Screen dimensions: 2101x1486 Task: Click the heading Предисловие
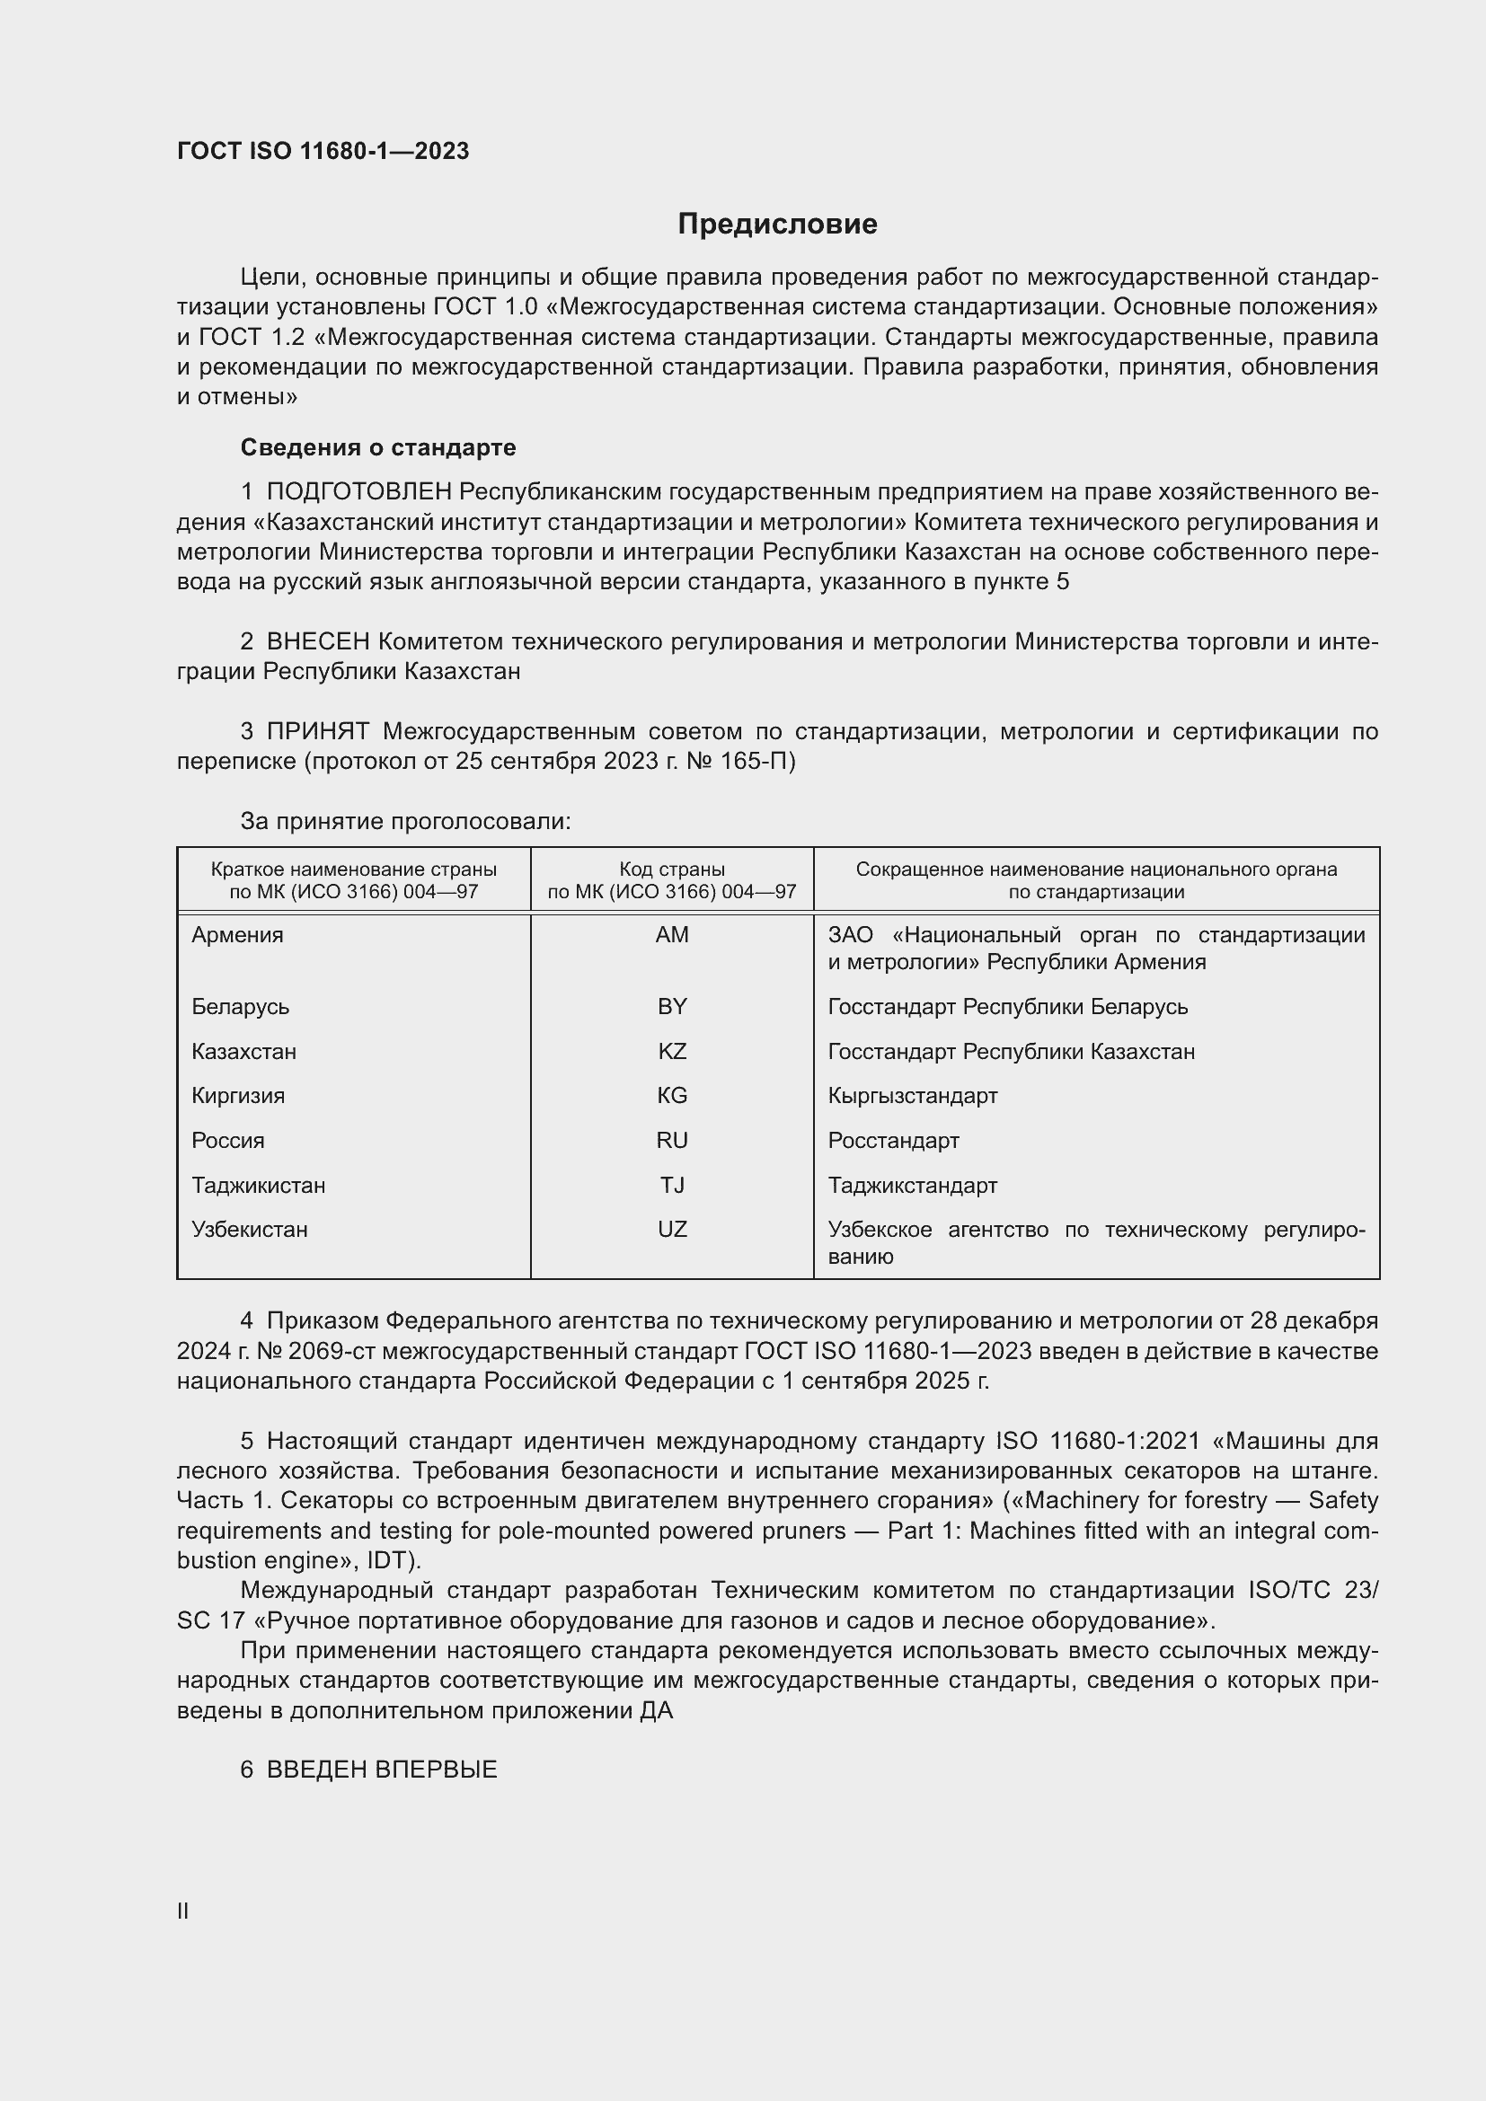(x=777, y=225)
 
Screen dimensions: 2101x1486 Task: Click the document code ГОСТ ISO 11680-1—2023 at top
(x=323, y=151)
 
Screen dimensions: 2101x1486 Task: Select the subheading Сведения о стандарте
(x=378, y=447)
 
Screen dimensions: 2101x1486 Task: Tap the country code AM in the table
(x=672, y=935)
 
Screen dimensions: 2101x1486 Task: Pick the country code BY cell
(x=672, y=1007)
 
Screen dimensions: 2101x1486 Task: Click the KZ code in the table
(x=672, y=1052)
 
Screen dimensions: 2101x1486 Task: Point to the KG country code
(x=672, y=1095)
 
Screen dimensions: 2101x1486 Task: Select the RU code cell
(x=672, y=1140)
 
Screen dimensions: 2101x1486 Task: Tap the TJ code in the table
(x=672, y=1185)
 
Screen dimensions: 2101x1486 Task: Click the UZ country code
(x=672, y=1229)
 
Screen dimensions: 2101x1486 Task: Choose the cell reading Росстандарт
(x=893, y=1140)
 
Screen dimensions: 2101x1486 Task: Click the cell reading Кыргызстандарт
(x=912, y=1095)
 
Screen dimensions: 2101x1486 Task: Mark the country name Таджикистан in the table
(x=258, y=1185)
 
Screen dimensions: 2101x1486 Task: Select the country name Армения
(x=237, y=935)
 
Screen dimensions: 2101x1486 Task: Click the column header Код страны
(x=672, y=870)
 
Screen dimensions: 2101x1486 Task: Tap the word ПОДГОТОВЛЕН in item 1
(x=358, y=492)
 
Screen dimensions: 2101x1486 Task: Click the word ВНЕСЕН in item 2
(x=317, y=641)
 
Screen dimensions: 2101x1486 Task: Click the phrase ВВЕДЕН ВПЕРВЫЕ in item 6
(x=382, y=1770)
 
